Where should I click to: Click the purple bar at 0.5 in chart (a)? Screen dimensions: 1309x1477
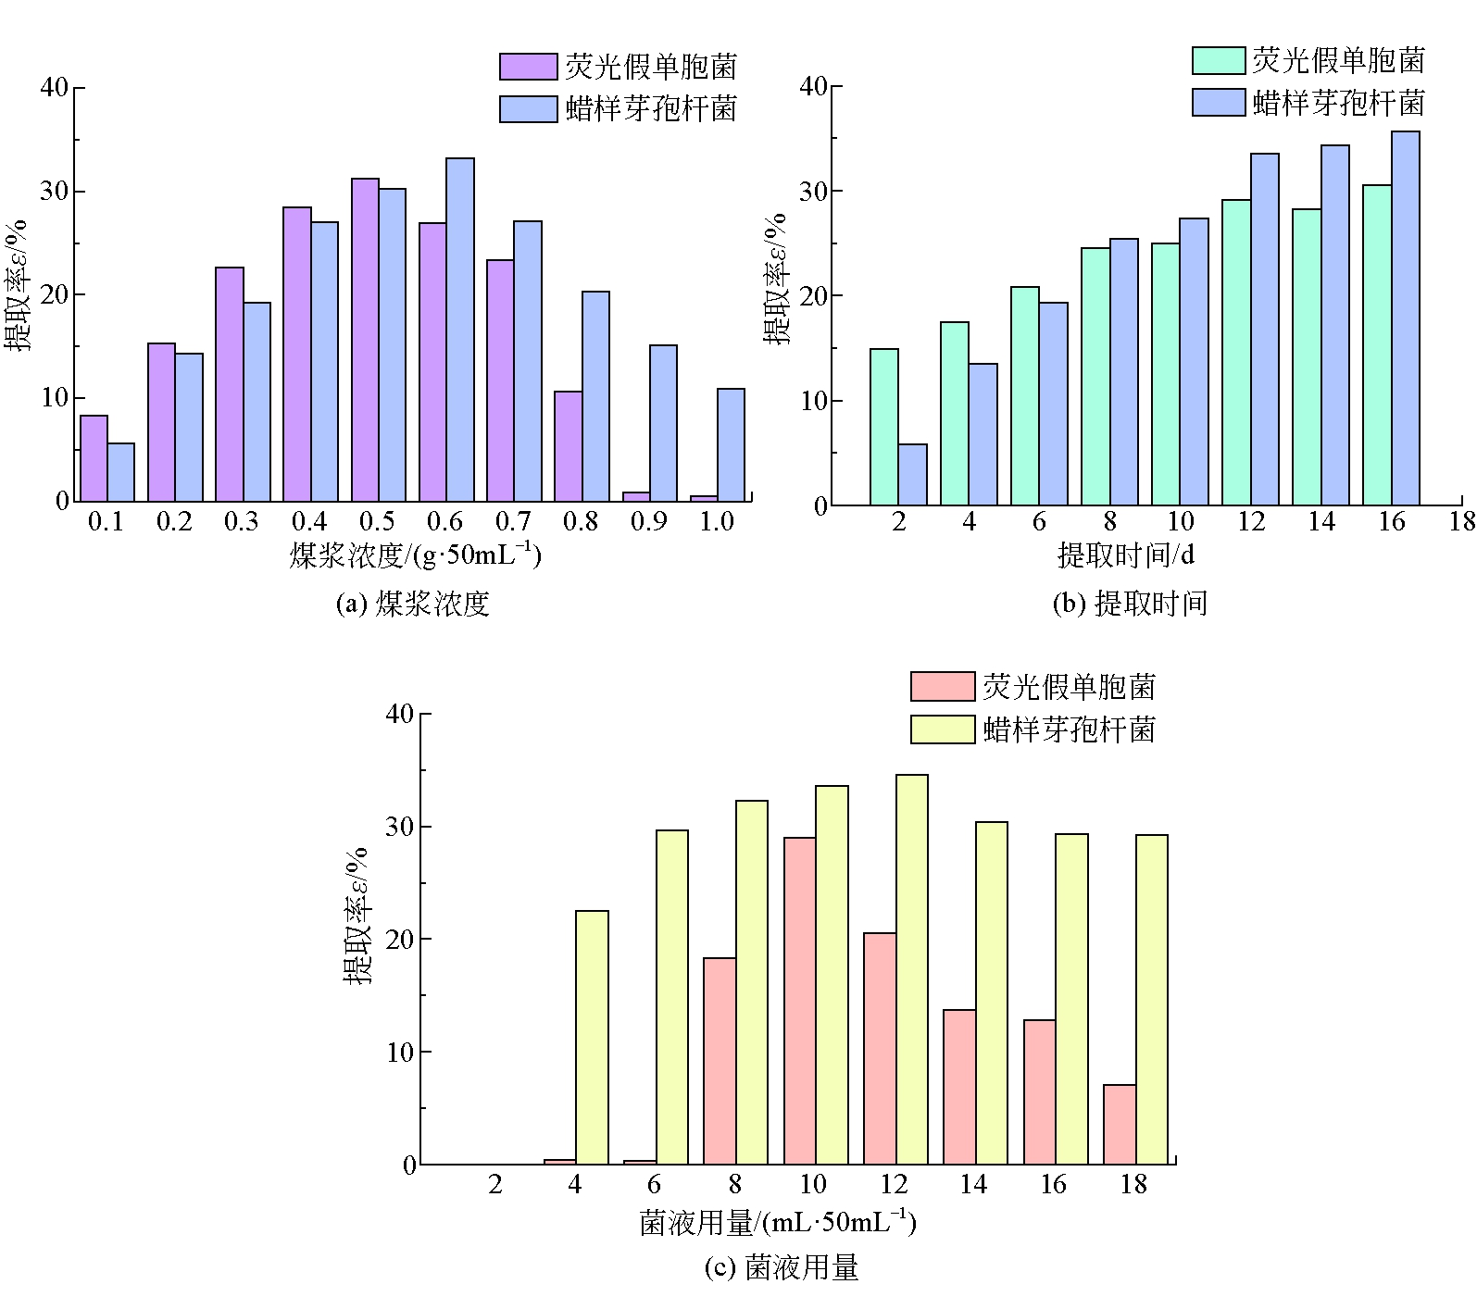click(x=365, y=340)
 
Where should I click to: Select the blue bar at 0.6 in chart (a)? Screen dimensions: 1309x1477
click(x=460, y=330)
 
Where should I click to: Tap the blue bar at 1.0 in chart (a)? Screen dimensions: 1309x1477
click(x=731, y=445)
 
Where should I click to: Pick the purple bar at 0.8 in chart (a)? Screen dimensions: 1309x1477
click(x=568, y=446)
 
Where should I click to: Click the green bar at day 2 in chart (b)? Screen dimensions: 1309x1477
click(x=884, y=427)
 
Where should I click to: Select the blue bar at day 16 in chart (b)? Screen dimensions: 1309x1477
click(x=1406, y=318)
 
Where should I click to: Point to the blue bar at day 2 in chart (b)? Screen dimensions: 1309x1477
click(x=912, y=475)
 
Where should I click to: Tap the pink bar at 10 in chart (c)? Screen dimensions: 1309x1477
click(x=799, y=1001)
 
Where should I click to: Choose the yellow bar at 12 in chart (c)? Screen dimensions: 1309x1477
click(x=912, y=969)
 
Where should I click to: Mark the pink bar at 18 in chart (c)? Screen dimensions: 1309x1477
click(x=1120, y=1124)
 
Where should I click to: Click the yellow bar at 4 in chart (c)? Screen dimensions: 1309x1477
click(x=592, y=1037)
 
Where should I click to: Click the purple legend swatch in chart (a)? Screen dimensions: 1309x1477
click(x=528, y=67)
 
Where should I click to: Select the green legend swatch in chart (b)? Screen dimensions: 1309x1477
click(x=1218, y=60)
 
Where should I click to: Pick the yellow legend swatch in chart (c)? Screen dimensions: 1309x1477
click(x=942, y=729)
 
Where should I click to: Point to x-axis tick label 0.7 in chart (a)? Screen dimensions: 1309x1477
click(x=513, y=522)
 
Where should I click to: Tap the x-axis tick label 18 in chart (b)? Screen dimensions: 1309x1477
click(x=1462, y=522)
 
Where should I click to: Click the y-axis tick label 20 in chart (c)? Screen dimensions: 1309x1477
click(x=401, y=940)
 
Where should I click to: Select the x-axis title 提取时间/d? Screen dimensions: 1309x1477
click(x=1125, y=555)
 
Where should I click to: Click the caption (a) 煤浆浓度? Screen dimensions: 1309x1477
click(x=411, y=605)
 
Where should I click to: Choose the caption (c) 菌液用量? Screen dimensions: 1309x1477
click(x=782, y=1267)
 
